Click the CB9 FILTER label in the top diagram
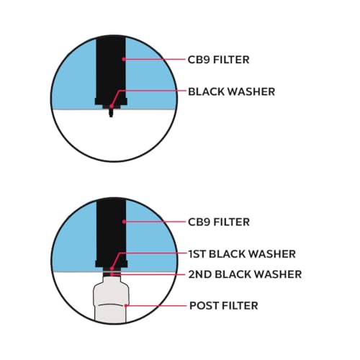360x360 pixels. point(218,60)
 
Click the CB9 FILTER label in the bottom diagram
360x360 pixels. point(219,222)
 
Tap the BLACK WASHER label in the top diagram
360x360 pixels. point(231,91)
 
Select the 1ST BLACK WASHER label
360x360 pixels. point(242,254)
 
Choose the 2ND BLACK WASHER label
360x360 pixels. point(245,274)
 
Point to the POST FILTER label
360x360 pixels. point(224,306)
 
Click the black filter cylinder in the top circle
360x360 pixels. point(111,71)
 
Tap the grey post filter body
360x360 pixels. point(111,300)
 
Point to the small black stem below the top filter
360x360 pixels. point(111,113)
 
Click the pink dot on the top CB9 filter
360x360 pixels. point(124,59)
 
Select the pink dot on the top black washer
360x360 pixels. point(112,106)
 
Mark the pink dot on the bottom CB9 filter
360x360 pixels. point(124,222)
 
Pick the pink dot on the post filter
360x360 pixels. point(126,305)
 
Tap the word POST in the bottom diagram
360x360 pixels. point(204,306)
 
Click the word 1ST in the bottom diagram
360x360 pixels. point(197,254)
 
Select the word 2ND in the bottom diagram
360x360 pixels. point(199,274)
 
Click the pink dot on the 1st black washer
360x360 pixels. point(112,269)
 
